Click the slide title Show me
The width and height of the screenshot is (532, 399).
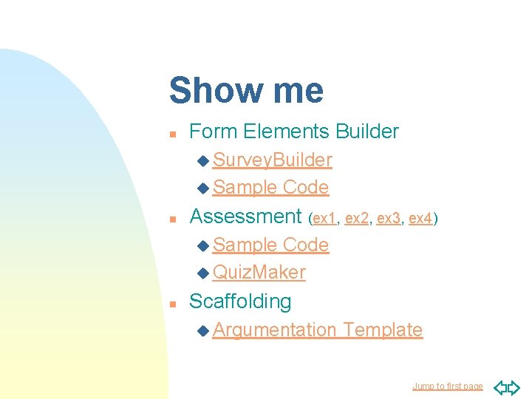[x=246, y=91]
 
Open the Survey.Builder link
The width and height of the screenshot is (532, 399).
[x=272, y=160]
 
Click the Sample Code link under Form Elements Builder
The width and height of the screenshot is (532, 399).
[x=270, y=188]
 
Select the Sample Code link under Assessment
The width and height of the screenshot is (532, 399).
[x=270, y=245]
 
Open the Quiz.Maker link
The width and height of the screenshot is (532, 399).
[x=259, y=273]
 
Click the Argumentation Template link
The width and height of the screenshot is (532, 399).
[x=317, y=330]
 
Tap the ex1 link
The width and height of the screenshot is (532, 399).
[x=324, y=218]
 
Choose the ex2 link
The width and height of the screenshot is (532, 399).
[x=357, y=218]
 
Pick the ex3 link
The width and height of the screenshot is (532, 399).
[x=389, y=218]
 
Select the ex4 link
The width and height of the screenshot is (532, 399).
[x=420, y=218]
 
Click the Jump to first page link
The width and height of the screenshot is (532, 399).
[x=447, y=386]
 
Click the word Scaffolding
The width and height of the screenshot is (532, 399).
[x=240, y=301]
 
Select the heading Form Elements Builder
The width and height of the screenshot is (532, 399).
[x=294, y=132]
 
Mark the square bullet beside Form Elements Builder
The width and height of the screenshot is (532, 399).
[x=172, y=134]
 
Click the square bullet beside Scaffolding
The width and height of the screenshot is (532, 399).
[x=172, y=304]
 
